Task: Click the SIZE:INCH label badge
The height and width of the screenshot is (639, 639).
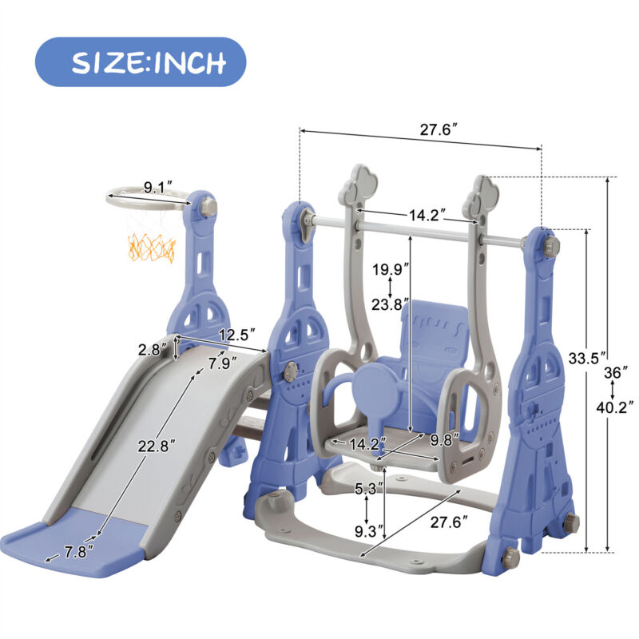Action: click(141, 62)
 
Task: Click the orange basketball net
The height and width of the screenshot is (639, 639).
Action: click(152, 247)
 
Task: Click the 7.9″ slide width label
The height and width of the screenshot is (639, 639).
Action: click(223, 363)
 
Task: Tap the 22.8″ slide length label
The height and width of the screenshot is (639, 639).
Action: click(156, 447)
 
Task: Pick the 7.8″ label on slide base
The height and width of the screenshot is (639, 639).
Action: click(78, 552)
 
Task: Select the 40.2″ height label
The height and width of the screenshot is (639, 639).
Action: click(614, 407)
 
